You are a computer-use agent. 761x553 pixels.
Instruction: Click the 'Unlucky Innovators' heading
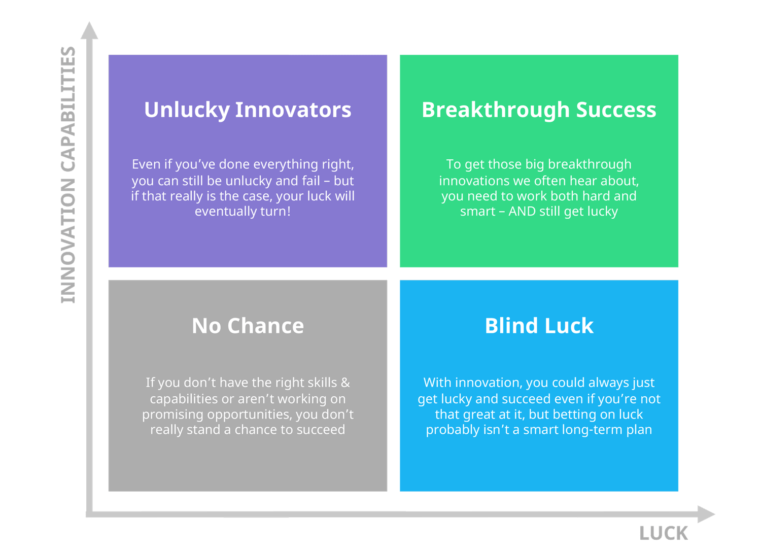(x=248, y=110)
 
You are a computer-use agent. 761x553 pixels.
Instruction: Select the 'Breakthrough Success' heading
(x=539, y=110)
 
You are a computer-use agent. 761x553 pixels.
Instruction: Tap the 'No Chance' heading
(x=248, y=326)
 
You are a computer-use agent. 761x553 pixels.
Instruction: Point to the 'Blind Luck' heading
(x=539, y=326)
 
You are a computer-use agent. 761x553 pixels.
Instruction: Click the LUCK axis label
(x=664, y=534)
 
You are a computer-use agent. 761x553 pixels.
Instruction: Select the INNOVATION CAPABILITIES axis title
(x=68, y=175)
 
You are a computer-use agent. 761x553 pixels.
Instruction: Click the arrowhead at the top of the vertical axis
(x=89, y=31)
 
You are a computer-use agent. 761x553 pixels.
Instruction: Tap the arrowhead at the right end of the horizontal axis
(x=706, y=514)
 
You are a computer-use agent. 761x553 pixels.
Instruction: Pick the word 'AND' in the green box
(x=522, y=212)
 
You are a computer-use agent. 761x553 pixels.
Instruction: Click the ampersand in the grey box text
(x=345, y=383)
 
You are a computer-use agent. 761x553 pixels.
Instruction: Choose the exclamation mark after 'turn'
(x=289, y=212)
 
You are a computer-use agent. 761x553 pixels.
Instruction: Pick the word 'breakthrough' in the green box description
(x=590, y=165)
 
